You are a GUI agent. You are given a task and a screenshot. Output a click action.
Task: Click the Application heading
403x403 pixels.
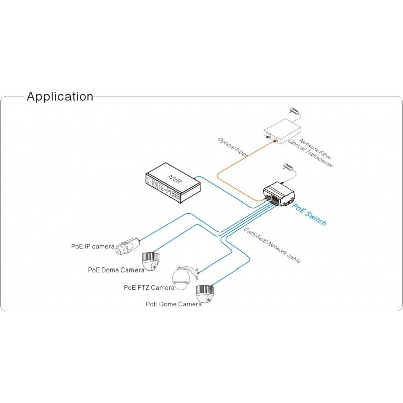(x=60, y=96)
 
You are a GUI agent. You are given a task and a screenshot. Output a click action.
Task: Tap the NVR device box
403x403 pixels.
(x=173, y=182)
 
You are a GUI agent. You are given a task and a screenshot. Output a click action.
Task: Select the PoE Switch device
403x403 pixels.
(x=279, y=194)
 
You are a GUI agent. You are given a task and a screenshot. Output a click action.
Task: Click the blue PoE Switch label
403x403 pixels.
(x=309, y=215)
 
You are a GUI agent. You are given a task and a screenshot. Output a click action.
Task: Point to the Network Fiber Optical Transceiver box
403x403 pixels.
(x=283, y=131)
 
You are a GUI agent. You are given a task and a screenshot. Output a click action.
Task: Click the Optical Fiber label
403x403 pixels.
(x=233, y=147)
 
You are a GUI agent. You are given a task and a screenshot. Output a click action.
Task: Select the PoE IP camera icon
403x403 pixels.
(x=127, y=246)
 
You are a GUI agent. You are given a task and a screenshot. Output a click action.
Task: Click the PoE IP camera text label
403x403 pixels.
(x=93, y=246)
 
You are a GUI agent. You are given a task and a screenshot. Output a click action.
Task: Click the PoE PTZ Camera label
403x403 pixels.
(x=149, y=287)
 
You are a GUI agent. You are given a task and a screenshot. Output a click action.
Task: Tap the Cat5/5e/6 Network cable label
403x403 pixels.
(x=272, y=245)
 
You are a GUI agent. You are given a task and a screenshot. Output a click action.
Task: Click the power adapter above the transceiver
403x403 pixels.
(x=295, y=111)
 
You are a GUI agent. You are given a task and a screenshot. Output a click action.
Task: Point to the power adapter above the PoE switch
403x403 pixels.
(x=288, y=167)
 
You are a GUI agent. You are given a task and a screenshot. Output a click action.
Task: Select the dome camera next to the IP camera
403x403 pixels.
(x=151, y=261)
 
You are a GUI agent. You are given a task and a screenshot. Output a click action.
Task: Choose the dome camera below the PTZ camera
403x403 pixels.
(x=205, y=294)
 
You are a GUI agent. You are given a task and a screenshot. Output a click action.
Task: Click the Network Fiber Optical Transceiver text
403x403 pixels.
(x=311, y=153)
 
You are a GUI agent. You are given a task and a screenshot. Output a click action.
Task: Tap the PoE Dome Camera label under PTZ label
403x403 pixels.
(x=174, y=304)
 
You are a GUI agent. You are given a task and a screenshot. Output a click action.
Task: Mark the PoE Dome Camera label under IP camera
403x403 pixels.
(x=116, y=270)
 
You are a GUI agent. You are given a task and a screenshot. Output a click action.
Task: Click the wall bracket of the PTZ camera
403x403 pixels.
(x=196, y=274)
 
